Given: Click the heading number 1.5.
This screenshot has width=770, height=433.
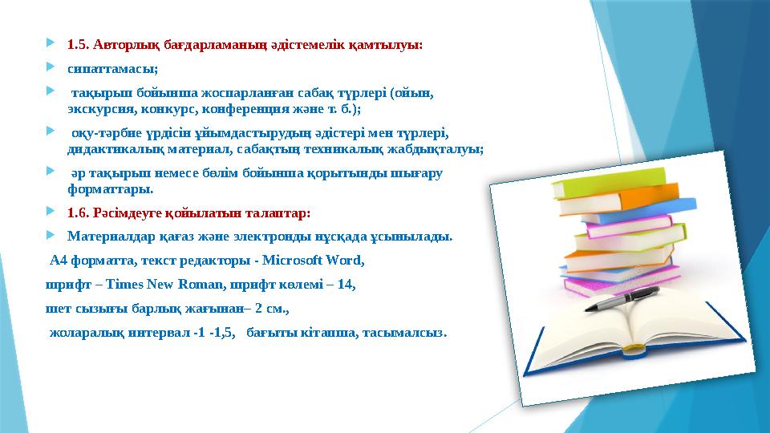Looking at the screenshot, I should [x=78, y=45].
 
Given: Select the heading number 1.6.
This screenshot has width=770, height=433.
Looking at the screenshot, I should [x=78, y=213].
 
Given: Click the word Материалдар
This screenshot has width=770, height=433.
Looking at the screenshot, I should [x=107, y=237].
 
